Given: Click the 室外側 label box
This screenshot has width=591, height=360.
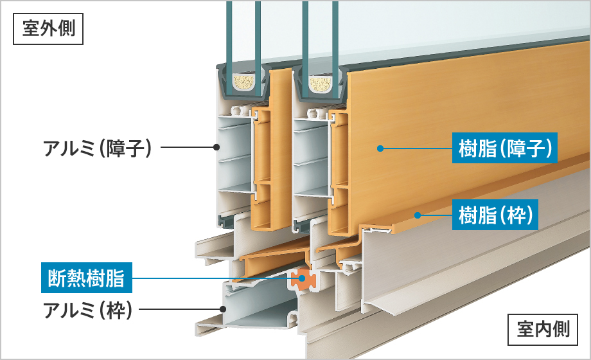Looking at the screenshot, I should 48,30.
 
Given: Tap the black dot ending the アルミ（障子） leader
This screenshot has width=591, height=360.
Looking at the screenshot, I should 216,148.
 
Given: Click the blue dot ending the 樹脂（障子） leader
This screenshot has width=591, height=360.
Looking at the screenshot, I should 380,148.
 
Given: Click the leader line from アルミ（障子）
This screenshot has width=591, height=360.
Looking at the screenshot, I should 186,148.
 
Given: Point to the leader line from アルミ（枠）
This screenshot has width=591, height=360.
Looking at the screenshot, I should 180,309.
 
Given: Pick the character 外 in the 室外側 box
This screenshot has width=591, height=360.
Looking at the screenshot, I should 48,30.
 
